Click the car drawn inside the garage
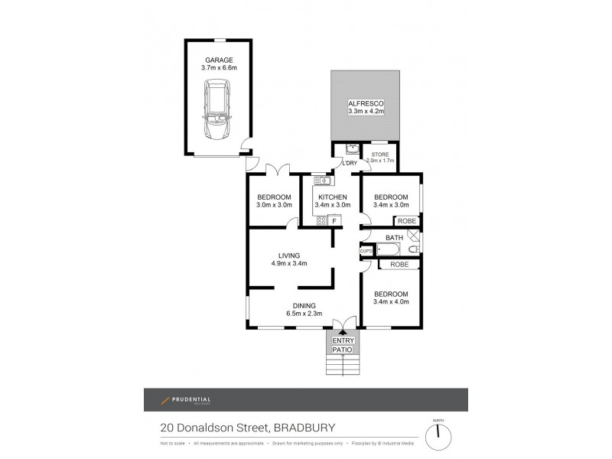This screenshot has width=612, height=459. coord(218,113)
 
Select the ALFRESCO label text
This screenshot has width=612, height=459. coord(365,103)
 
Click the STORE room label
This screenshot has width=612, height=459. coord(380,154)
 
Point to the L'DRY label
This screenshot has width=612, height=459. coord(350,164)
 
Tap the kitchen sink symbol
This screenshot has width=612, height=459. coord(321,181)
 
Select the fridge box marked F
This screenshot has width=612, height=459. coord(334,221)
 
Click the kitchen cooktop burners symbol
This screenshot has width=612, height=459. coord(322,221)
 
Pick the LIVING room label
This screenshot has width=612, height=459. coord(289,256)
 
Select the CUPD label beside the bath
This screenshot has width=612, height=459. coord(366,251)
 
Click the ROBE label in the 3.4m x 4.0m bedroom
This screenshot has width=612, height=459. coord(399,264)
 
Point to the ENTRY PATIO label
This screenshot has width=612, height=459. coord(343,345)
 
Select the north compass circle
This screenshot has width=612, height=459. coord(438,434)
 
